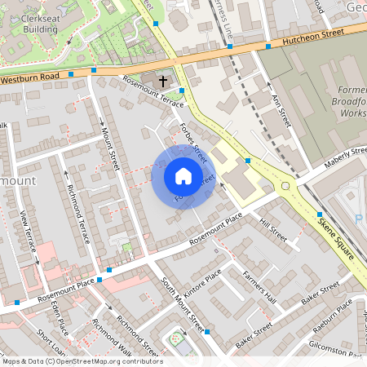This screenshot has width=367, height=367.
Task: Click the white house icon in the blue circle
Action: point(183,176)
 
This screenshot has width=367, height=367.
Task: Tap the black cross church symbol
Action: point(163,81)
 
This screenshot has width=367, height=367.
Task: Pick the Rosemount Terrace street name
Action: point(153,91)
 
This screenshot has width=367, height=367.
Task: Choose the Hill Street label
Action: point(273,229)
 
